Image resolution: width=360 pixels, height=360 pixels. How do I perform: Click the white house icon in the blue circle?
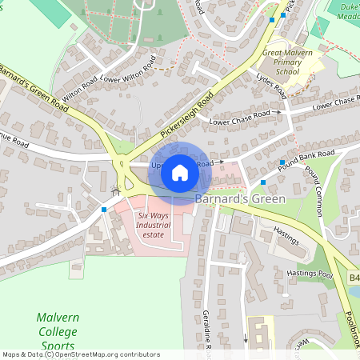coord(180,172)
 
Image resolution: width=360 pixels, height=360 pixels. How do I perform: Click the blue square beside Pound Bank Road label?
coord(282,162)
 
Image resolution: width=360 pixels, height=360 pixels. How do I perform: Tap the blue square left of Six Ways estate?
coord(104,210)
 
